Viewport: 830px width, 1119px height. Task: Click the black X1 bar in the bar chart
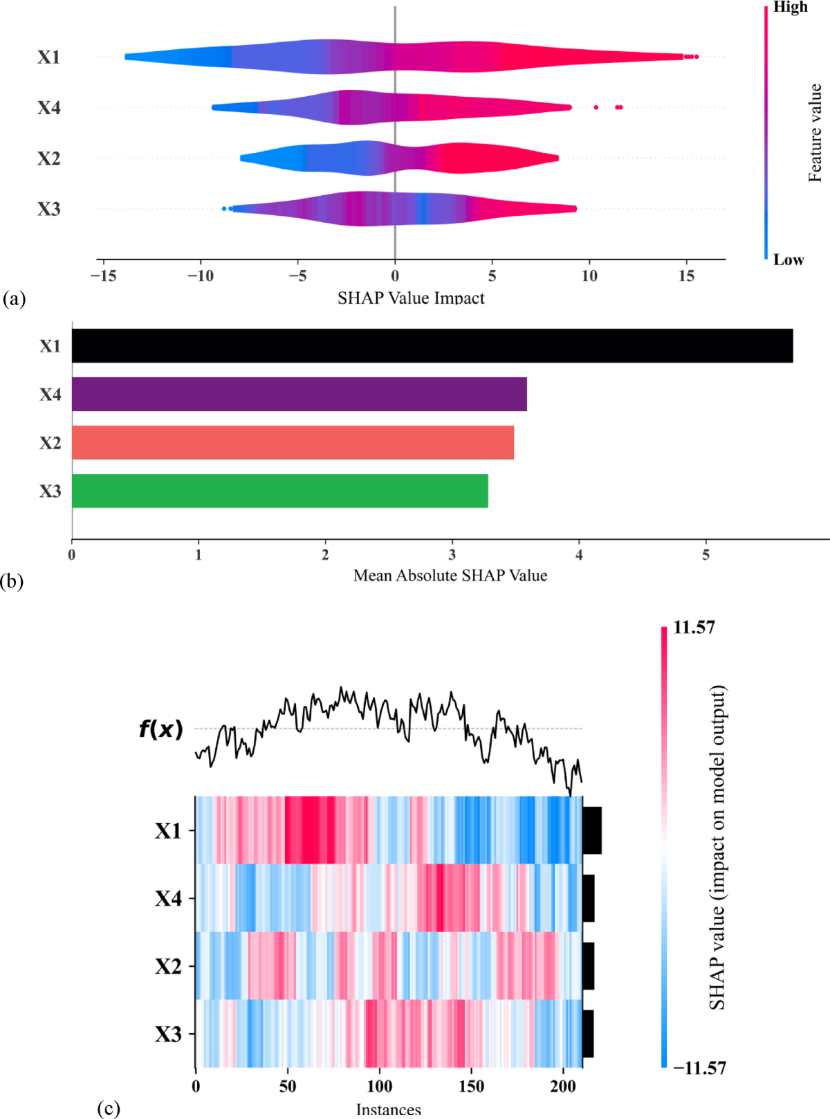(432, 345)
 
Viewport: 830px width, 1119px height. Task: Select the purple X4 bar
(299, 394)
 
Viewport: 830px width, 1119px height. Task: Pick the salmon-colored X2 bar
(293, 442)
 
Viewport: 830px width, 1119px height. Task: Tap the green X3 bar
(279, 491)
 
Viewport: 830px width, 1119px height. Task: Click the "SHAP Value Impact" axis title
(411, 298)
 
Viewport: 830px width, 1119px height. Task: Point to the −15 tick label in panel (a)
(102, 276)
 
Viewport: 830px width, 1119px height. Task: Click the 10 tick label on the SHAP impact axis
(589, 276)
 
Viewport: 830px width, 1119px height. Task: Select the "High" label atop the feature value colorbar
(790, 7)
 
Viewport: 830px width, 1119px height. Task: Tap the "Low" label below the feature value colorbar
(788, 260)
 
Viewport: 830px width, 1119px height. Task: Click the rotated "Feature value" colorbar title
(815, 133)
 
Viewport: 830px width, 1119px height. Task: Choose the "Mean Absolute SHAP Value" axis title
(450, 576)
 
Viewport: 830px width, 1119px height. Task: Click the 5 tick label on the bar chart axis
(705, 555)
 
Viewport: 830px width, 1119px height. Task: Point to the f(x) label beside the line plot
(160, 729)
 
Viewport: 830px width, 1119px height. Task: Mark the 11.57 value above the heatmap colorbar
(694, 628)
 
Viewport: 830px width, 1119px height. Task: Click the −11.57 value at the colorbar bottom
(699, 1068)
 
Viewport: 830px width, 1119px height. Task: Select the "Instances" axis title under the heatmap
(388, 1109)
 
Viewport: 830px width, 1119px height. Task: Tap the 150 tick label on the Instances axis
(471, 1086)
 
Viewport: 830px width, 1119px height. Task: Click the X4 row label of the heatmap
(168, 898)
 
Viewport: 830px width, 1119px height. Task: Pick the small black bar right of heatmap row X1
(592, 830)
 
